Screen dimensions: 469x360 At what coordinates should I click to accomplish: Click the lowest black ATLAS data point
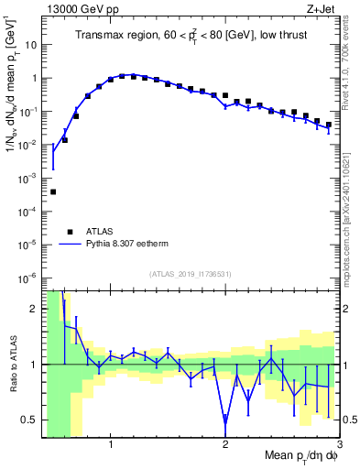[53, 191]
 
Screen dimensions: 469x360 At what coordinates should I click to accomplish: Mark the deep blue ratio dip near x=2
[225, 422]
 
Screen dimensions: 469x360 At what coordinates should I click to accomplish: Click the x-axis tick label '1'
[111, 445]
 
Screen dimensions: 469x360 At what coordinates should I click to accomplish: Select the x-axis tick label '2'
[225, 445]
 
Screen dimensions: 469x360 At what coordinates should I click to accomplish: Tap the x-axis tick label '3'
[338, 445]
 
